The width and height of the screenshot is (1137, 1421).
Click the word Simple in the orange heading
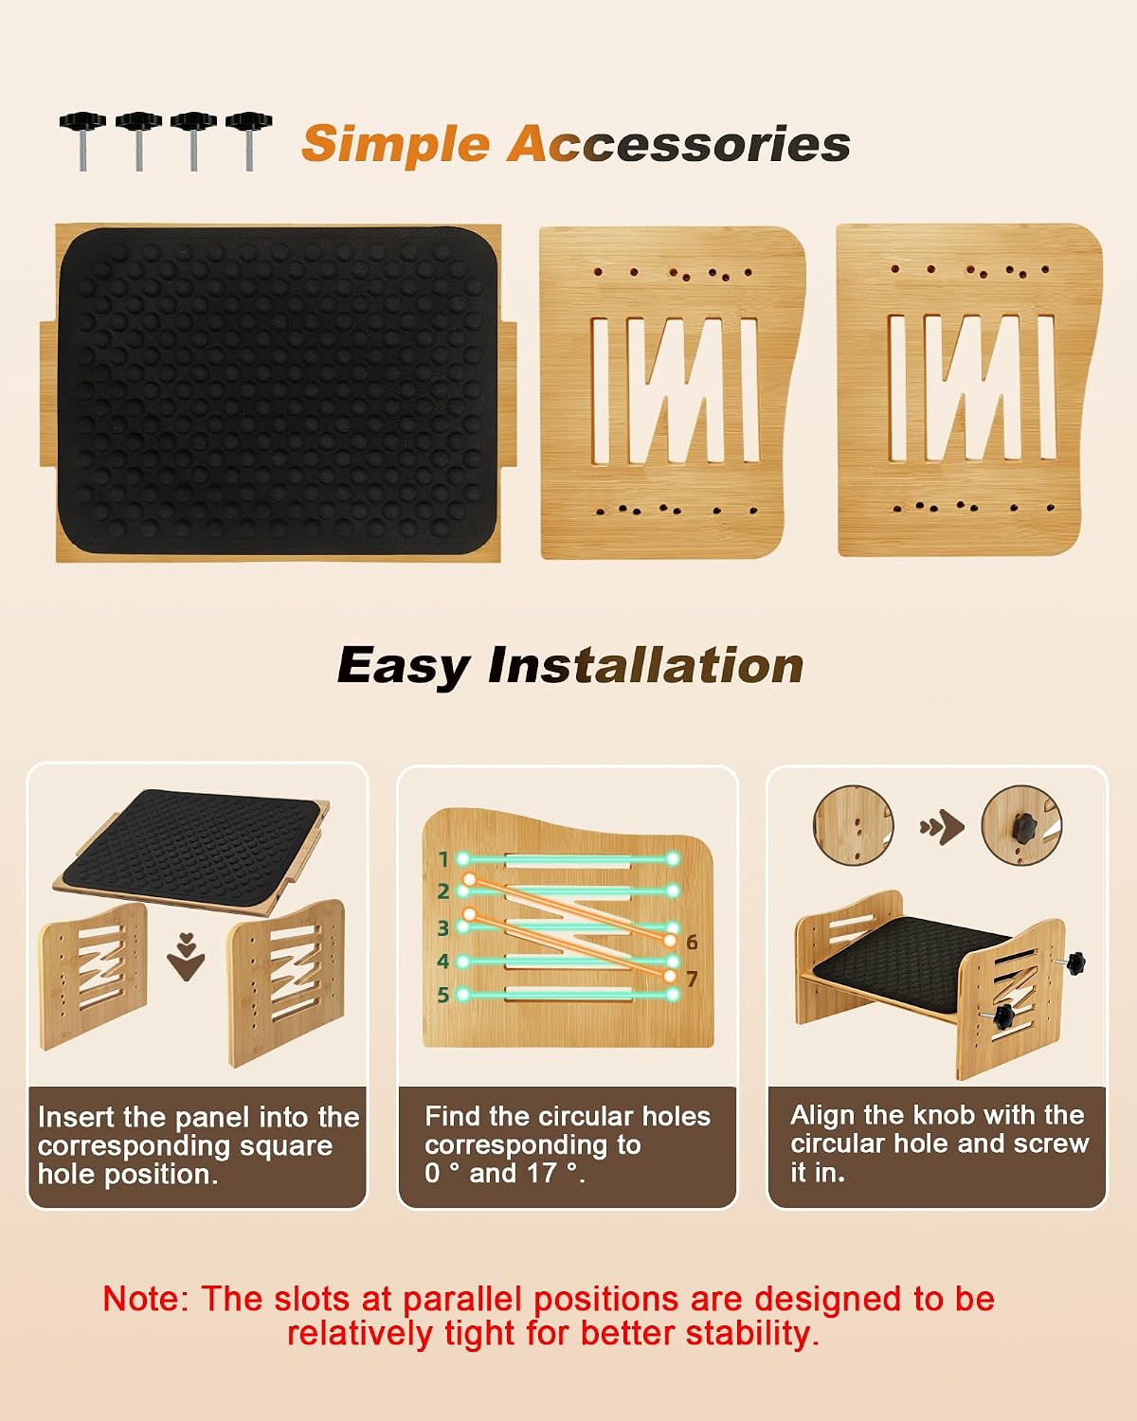click(x=395, y=145)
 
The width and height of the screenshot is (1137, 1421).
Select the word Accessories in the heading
click(x=678, y=143)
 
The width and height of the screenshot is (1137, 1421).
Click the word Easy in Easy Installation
click(x=404, y=667)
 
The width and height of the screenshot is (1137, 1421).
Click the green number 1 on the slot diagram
click(x=443, y=859)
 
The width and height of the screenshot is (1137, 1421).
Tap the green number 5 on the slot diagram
click(x=443, y=995)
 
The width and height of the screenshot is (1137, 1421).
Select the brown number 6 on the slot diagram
click(x=692, y=943)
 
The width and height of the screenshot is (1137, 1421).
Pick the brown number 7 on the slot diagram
click(x=692, y=979)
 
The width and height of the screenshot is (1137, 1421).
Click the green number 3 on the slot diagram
click(x=443, y=927)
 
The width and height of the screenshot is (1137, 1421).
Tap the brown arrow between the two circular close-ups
click(x=942, y=827)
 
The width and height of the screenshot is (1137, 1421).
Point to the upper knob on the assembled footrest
click(x=1074, y=960)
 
